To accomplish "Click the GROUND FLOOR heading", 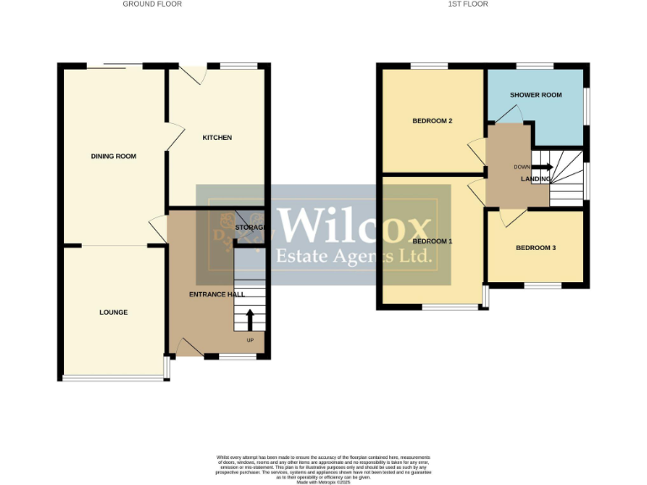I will click(x=152, y=4).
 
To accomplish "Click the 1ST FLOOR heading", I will click(x=468, y=4).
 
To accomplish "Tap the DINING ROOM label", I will click(x=114, y=156).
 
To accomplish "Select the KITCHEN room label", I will click(x=217, y=137).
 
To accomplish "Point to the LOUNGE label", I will click(x=114, y=312).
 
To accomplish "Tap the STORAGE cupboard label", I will click(x=250, y=227).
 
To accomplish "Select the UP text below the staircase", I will click(x=249, y=340).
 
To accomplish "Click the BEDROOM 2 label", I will click(x=432, y=121).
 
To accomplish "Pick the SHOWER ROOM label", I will click(x=536, y=95).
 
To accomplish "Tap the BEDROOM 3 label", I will click(x=536, y=248).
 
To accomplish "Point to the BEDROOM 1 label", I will click(x=432, y=242).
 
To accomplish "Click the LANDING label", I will click(x=536, y=179).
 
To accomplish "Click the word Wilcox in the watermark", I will click(x=354, y=225).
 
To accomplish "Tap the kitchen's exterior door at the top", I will click(x=195, y=75).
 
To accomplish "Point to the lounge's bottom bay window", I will click(x=114, y=378).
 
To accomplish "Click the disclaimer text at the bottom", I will click(x=323, y=466).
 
